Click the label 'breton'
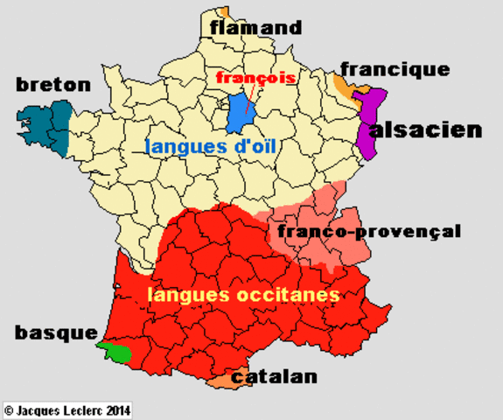click(53, 85)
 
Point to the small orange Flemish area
click(226, 11)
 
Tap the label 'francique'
click(395, 69)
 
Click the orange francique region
click(345, 86)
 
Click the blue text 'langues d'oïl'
click(211, 147)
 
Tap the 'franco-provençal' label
click(368, 232)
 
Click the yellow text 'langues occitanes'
click(243, 296)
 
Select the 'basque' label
click(54, 333)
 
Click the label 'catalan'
click(275, 377)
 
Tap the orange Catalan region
click(222, 380)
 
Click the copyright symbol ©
click(9, 409)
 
